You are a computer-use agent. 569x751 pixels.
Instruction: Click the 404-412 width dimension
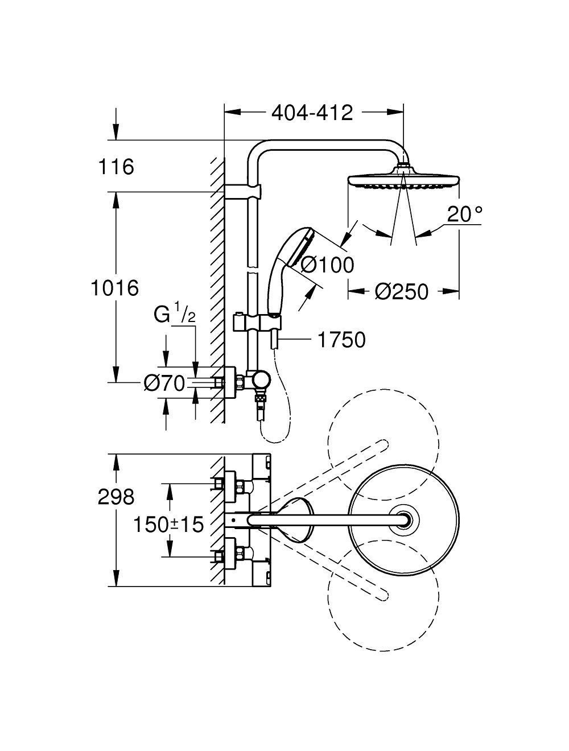pos(312,112)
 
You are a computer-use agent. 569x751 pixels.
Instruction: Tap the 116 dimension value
pos(116,167)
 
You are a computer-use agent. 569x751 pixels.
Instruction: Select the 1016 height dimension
pos(115,288)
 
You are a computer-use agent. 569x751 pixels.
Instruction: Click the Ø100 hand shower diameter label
pos(327,264)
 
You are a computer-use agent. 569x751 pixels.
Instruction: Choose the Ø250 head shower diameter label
pos(402,292)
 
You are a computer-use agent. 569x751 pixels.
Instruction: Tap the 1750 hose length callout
pos(341,340)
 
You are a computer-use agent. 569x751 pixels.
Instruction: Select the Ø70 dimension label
pos(164,384)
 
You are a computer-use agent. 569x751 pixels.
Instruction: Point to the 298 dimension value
pos(116,497)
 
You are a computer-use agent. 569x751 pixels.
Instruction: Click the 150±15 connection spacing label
pos(168,525)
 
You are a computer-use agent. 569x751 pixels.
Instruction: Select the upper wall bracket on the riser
pos(244,192)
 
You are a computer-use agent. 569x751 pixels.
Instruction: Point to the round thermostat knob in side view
pos(263,379)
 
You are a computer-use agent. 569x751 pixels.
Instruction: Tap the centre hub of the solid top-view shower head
pos(405,520)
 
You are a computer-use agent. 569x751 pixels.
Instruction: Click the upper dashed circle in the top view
pos(384,444)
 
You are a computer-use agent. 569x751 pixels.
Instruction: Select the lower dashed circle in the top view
pos(384,595)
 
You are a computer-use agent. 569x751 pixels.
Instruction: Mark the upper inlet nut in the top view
pos(242,486)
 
